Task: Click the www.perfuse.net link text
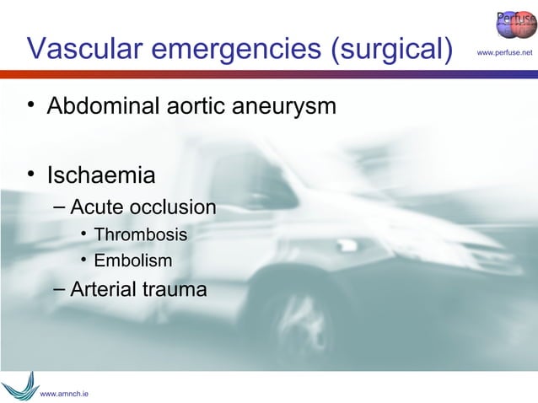(x=505, y=54)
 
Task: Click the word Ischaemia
(x=101, y=177)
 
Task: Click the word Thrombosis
(x=141, y=234)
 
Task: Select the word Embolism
(x=132, y=261)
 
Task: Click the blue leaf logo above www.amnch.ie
(x=19, y=384)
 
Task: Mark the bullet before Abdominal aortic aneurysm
(x=31, y=105)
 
